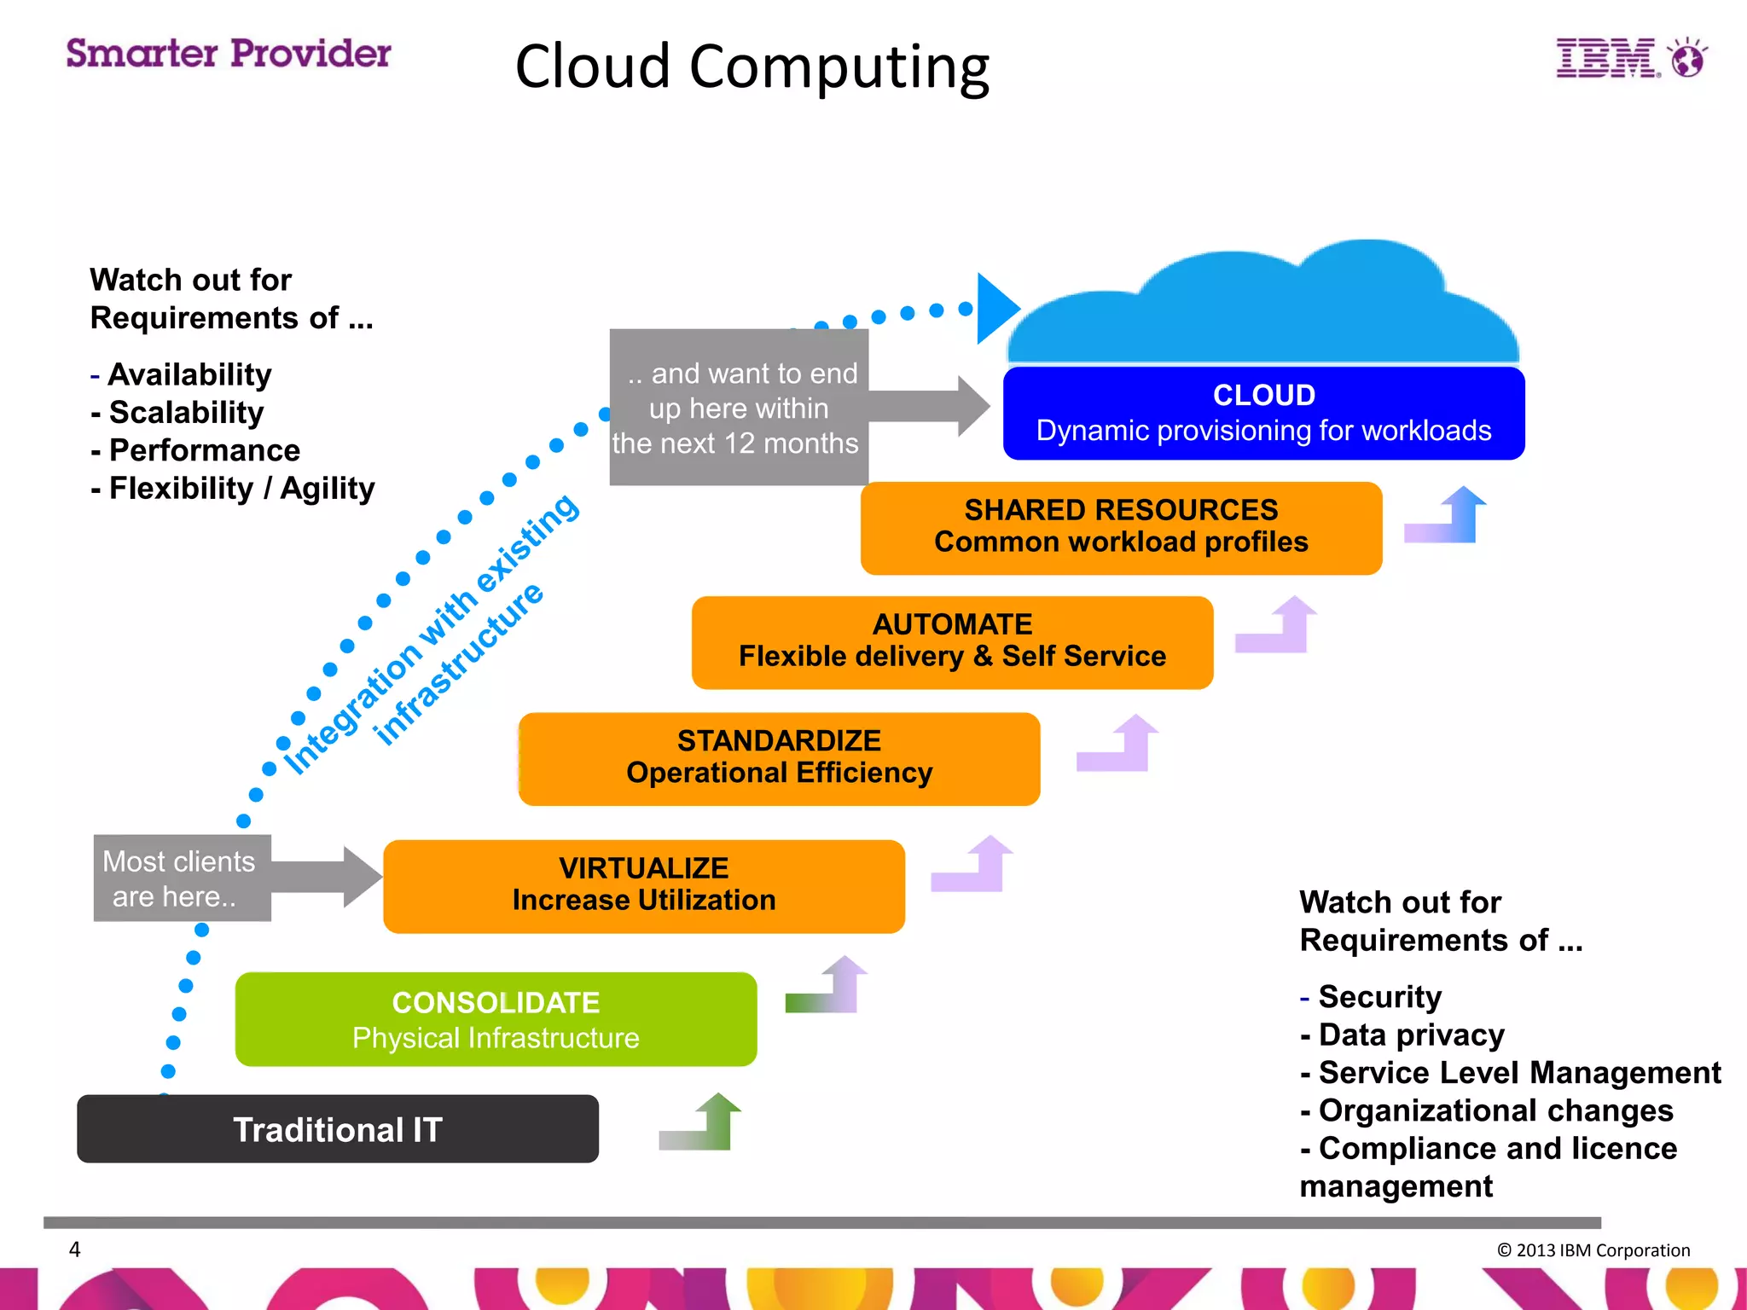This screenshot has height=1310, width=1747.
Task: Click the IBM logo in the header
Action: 1629,58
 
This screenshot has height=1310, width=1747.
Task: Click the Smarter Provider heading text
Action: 229,54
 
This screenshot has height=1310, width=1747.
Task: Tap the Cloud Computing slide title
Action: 752,67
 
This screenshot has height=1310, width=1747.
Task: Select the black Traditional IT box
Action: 338,1129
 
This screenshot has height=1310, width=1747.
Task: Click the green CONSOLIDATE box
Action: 496,1019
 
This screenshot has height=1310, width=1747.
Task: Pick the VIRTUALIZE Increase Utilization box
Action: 644,885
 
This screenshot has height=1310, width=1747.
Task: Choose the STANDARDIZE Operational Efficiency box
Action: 779,757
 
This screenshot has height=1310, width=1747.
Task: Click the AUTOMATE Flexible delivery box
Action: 952,641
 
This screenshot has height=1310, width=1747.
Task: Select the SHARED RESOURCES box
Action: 1121,526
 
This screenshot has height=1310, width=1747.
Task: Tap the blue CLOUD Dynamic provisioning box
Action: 1263,414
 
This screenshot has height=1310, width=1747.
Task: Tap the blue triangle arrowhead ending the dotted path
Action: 995,308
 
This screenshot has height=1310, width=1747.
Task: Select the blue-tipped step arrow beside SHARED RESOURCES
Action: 1448,517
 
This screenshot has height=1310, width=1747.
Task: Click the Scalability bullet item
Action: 186,413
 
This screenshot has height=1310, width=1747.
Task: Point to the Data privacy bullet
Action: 1411,1035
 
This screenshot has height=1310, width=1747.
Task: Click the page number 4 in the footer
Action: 75,1249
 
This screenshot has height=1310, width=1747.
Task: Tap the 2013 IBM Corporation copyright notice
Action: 1593,1250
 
